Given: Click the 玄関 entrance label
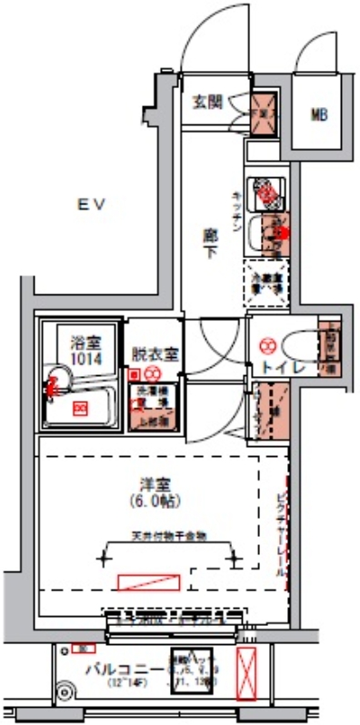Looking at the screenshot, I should coord(206,102).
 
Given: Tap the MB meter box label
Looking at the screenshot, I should coord(319,114).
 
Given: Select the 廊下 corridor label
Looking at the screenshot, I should coord(209,237).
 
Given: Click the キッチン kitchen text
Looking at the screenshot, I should coord(236,212).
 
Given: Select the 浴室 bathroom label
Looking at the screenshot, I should coord(84,343).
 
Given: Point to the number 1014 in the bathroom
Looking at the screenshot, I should coord(84,357).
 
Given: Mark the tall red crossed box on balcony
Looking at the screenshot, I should coord(246,673).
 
